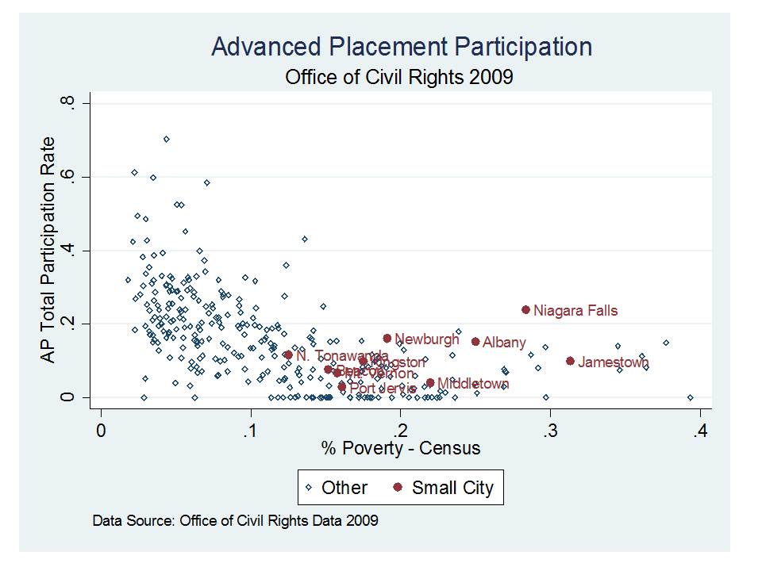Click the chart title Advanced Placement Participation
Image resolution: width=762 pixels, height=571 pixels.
coord(402,47)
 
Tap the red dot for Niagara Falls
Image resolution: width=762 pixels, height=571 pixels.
coord(525,310)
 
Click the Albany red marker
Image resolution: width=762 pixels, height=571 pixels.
coord(475,342)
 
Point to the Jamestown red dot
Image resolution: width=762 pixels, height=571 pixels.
coord(570,361)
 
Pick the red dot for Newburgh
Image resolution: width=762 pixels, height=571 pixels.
coord(387,339)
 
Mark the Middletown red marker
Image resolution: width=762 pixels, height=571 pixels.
coord(430,383)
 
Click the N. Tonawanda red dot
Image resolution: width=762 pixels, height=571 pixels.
coord(288,355)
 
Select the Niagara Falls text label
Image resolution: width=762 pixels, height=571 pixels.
coord(575,311)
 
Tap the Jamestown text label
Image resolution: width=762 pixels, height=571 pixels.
coord(614,362)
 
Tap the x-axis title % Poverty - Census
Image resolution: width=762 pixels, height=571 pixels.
coord(401,448)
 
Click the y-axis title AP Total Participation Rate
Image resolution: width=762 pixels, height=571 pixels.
coord(48,251)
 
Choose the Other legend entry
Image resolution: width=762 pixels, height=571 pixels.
coord(336,488)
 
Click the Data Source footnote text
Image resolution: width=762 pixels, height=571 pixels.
coord(236,521)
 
